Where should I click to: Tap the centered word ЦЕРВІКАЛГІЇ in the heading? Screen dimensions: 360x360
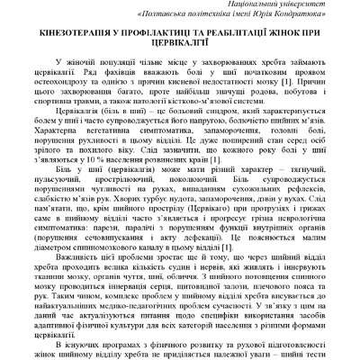(180, 46)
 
